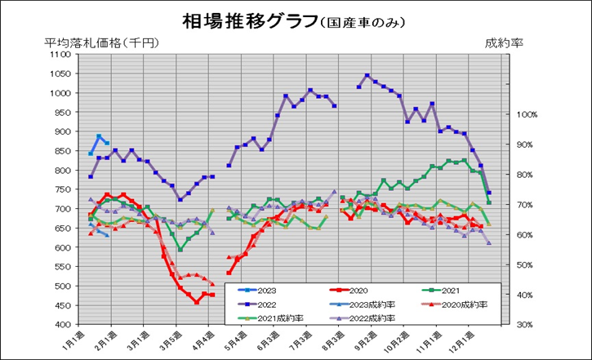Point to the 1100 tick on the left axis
coord(60,55)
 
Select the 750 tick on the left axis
coord(62,189)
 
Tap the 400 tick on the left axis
coord(62,325)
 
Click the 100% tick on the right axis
coord(527,115)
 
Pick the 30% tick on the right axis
coord(527,325)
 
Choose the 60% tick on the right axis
coord(527,235)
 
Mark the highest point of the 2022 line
coord(367,76)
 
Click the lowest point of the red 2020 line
coord(196,302)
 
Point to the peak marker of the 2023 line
coord(99,136)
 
